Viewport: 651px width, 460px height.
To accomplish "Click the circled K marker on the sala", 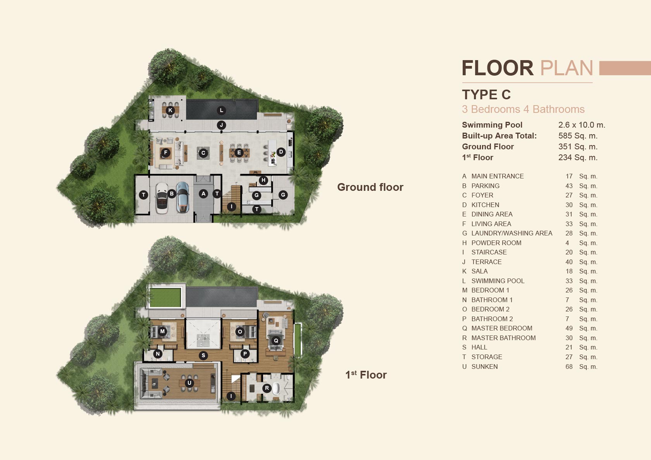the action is click(x=170, y=110).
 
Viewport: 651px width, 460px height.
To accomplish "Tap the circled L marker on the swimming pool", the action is click(x=222, y=110).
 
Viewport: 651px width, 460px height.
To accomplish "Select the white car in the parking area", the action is click(x=162, y=198).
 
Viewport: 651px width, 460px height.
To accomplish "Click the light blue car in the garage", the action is click(x=183, y=197).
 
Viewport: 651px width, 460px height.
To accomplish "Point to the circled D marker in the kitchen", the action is click(x=281, y=152).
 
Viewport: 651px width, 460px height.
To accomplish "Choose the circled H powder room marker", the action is click(x=263, y=180).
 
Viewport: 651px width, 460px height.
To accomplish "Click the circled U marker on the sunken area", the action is click(x=189, y=382).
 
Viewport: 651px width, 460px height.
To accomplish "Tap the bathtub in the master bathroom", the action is click(x=276, y=388).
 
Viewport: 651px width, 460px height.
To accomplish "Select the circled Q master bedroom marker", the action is click(x=276, y=341).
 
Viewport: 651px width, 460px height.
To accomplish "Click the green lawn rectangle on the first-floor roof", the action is click(x=165, y=297).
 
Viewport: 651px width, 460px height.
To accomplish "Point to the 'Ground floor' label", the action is click(x=370, y=187).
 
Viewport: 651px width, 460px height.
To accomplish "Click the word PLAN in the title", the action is click(x=567, y=68).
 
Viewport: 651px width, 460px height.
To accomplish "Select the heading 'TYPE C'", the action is click(x=486, y=95).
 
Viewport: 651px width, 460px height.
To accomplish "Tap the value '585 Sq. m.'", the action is click(x=578, y=136).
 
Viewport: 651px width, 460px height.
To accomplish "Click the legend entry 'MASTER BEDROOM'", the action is click(x=501, y=328).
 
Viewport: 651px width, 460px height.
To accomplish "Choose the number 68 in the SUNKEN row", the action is click(x=569, y=367).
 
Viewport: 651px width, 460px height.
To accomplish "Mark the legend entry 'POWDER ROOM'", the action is click(x=496, y=243).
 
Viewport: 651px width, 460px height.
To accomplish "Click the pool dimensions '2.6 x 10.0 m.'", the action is click(x=582, y=125).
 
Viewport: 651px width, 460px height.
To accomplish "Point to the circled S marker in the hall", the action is click(x=203, y=355).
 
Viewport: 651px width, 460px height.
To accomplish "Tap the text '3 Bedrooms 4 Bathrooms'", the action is click(x=523, y=109).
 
